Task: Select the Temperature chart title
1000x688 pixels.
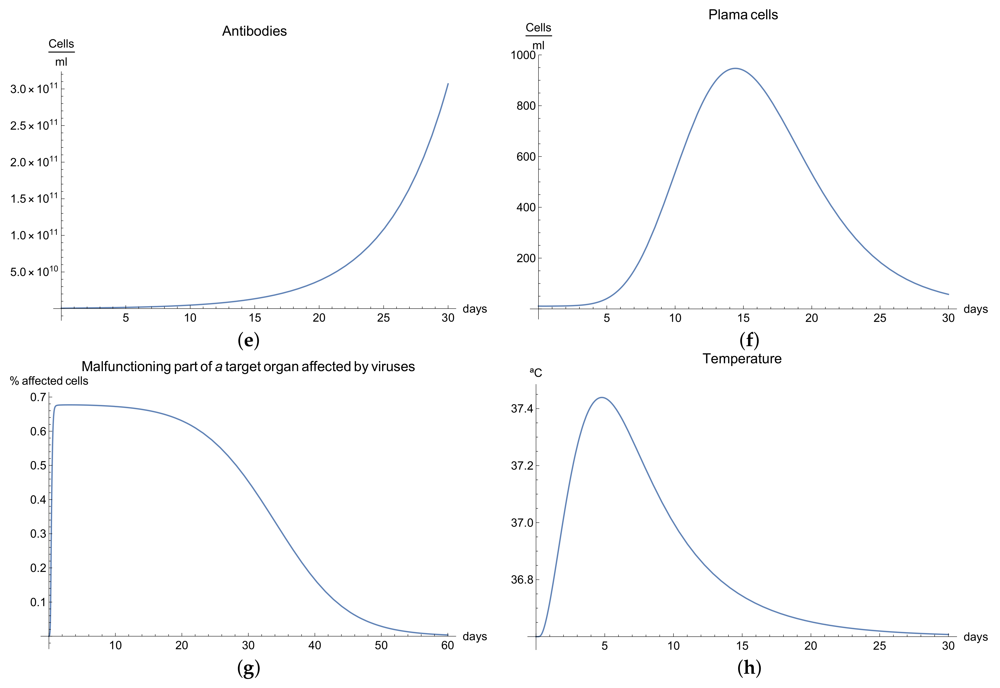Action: pos(742,359)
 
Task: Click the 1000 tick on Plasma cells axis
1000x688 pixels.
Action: pos(523,55)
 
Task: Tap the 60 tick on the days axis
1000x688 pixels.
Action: pos(447,645)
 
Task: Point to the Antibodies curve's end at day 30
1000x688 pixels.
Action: pos(448,84)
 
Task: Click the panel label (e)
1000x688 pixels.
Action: pos(249,341)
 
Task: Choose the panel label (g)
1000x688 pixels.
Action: pos(249,668)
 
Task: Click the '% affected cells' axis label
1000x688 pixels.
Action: pos(49,381)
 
